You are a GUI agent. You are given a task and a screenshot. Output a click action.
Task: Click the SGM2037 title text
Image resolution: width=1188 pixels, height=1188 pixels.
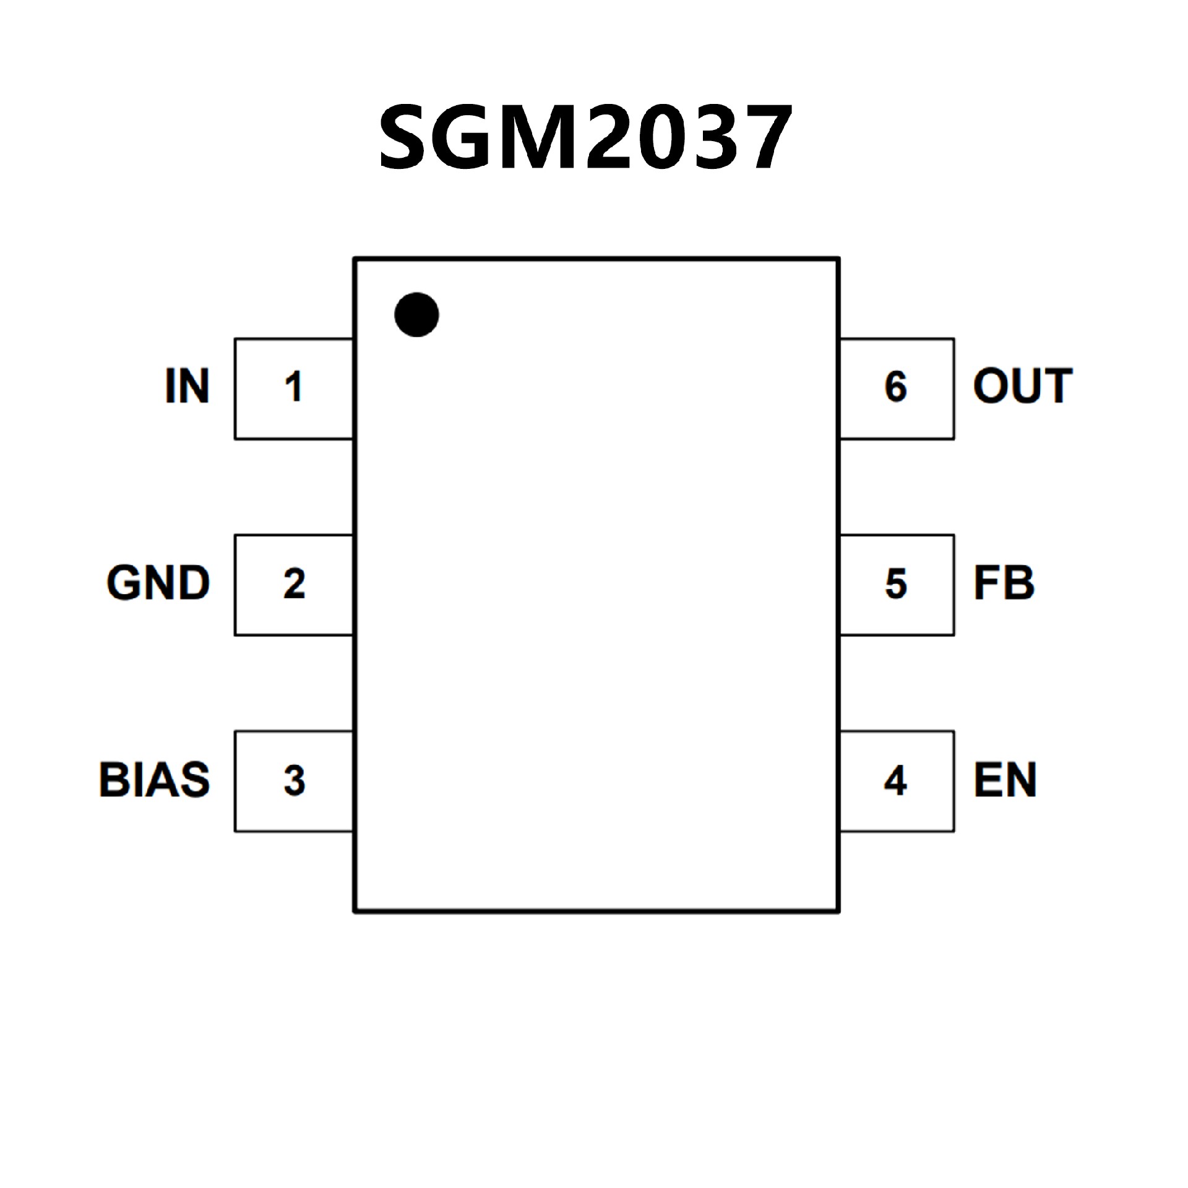click(x=585, y=137)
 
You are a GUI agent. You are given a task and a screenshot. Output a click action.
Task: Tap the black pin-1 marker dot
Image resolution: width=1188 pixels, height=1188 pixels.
click(x=416, y=314)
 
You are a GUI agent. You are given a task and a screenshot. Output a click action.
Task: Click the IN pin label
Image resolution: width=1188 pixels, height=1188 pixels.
click(x=187, y=386)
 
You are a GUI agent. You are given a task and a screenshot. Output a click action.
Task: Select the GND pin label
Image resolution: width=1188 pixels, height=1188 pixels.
click(x=158, y=583)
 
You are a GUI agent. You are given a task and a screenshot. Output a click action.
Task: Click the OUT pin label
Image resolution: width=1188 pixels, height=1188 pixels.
click(x=1022, y=386)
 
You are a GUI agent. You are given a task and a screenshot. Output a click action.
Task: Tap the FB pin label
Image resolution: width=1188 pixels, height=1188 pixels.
click(x=1004, y=583)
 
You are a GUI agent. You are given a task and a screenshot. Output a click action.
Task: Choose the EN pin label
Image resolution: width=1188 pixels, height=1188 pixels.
click(x=1005, y=780)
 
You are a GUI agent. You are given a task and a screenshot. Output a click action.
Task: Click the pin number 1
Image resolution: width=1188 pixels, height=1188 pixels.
click(x=293, y=387)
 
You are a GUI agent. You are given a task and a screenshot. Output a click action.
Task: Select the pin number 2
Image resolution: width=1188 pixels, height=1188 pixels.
click(x=294, y=583)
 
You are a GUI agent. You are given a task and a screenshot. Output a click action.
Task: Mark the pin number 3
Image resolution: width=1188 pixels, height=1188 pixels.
click(x=294, y=780)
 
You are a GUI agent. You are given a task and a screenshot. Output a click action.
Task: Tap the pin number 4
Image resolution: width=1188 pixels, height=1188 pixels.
click(x=895, y=780)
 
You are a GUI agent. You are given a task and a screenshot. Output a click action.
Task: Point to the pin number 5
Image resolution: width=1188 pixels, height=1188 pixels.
click(x=895, y=583)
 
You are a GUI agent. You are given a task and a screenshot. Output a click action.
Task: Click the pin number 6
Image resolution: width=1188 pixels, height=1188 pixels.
click(x=895, y=387)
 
